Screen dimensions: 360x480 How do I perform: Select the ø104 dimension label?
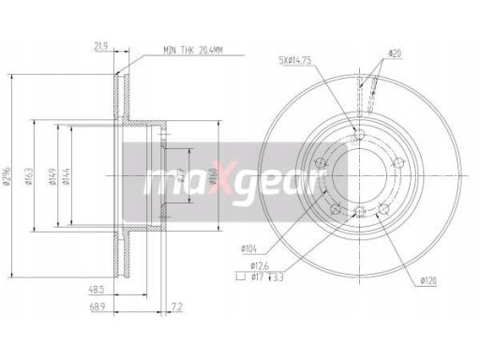[x=248, y=249]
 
